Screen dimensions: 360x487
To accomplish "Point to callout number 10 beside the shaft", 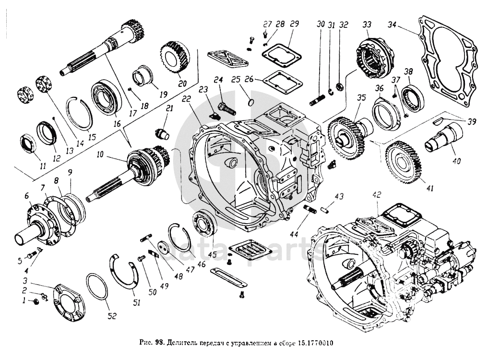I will (x=100, y=155).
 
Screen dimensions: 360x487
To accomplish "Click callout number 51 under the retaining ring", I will (x=136, y=302).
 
